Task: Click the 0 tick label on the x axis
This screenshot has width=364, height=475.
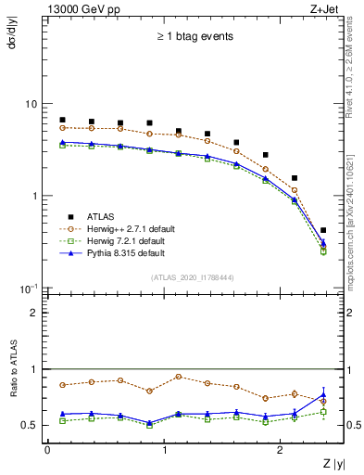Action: coord(47,450)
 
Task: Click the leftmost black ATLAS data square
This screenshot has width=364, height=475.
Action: coord(62,120)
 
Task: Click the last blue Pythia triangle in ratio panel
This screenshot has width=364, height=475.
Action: coord(323,394)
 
